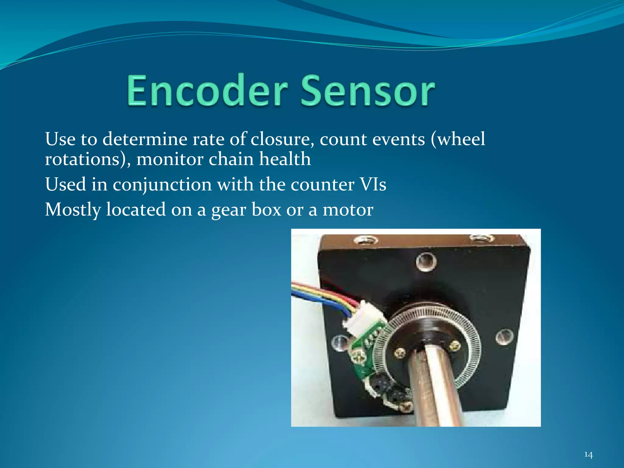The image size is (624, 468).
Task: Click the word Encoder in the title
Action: click(x=207, y=90)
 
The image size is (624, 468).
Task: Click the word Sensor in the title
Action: click(x=368, y=90)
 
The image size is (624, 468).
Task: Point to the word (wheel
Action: click(x=458, y=139)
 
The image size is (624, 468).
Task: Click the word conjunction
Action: click(x=162, y=185)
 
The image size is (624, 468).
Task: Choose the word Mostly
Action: click(x=73, y=210)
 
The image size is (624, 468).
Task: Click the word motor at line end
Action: click(x=348, y=210)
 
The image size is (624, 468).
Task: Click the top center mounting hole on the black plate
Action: click(x=426, y=261)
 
